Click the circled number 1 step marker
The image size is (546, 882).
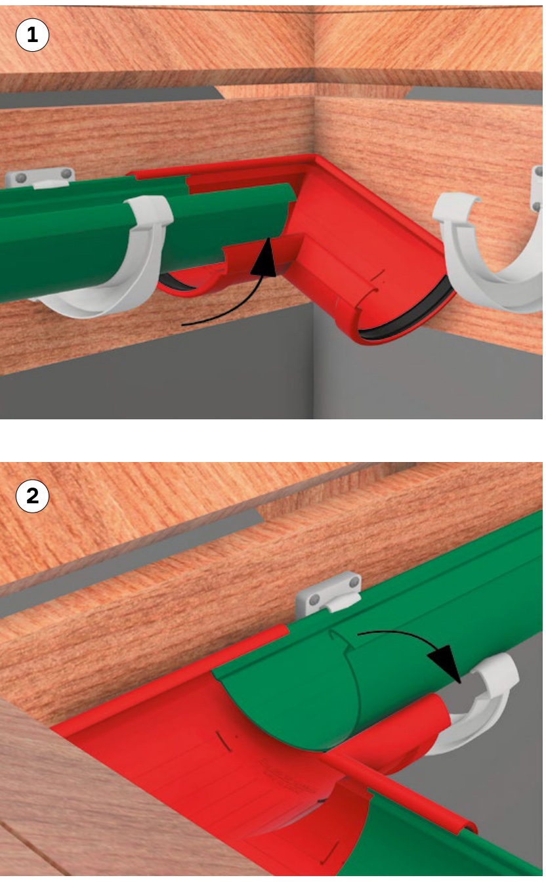[32, 35]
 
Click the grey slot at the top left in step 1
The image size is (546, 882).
[110, 97]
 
